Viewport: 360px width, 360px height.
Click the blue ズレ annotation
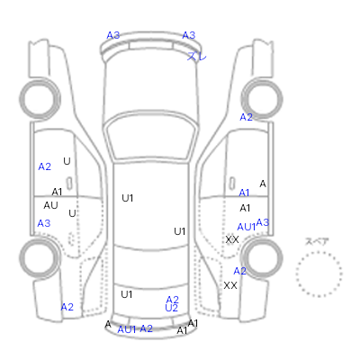click(x=197, y=56)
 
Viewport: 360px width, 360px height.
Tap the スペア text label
click(x=317, y=241)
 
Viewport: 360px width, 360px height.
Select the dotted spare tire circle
click(x=319, y=274)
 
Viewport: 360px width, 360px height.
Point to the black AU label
click(x=50, y=205)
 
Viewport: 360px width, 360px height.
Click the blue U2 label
click(x=172, y=308)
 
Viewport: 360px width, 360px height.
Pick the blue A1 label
click(x=244, y=193)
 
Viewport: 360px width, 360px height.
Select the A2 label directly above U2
click(x=172, y=300)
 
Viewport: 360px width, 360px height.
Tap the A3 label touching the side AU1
click(x=263, y=222)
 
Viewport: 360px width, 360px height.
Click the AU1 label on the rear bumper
click(x=127, y=329)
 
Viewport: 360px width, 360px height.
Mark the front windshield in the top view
click(x=151, y=137)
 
